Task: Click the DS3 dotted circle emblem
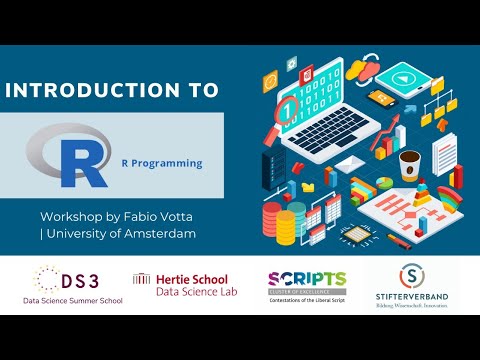point(44,279)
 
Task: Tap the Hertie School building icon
point(142,279)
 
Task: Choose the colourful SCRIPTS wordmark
point(306,278)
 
